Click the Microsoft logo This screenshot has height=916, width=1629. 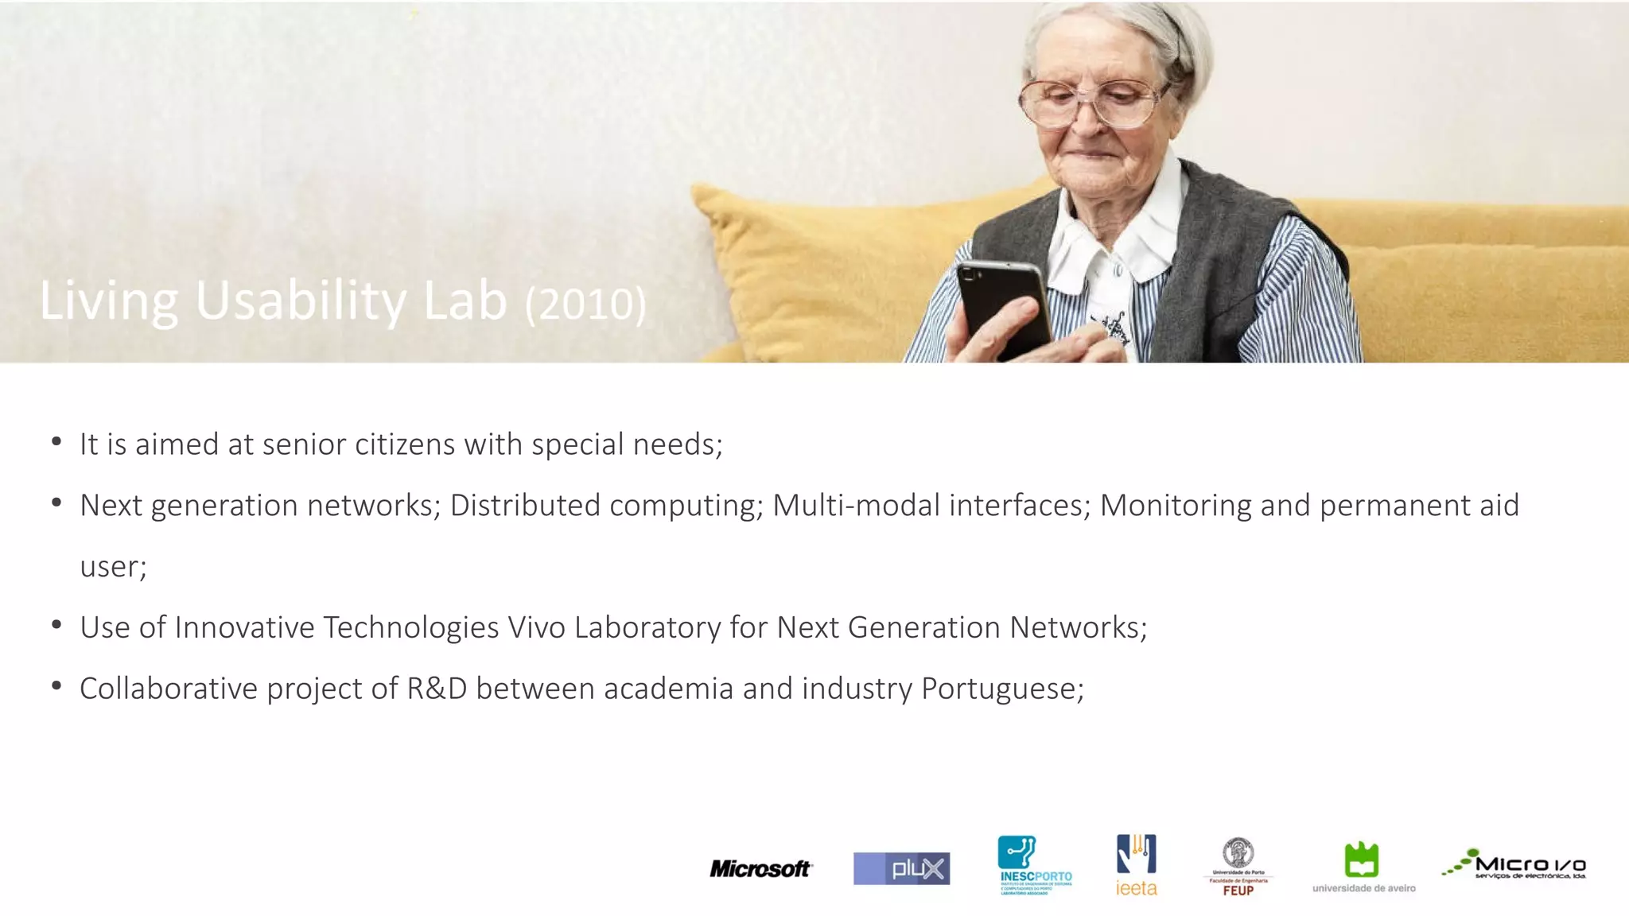pyautogui.click(x=760, y=868)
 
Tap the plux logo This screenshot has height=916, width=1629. pyautogui.click(x=901, y=868)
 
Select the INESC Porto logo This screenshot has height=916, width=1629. pyautogui.click(x=1035, y=865)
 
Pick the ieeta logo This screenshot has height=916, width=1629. pyautogui.click(x=1137, y=865)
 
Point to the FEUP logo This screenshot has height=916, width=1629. pyautogui.click(x=1238, y=867)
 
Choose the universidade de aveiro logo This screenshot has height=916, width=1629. pyautogui.click(x=1363, y=867)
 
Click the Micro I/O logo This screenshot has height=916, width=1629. pyautogui.click(x=1514, y=865)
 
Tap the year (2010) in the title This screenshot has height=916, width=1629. pyautogui.click(x=585, y=304)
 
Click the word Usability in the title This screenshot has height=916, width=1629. pyautogui.click(x=301, y=301)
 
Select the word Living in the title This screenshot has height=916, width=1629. pyautogui.click(x=109, y=301)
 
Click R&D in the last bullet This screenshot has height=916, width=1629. pyautogui.click(x=437, y=689)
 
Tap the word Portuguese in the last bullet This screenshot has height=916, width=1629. pyautogui.click(x=1002, y=689)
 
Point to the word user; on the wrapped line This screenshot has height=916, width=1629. pyautogui.click(x=113, y=567)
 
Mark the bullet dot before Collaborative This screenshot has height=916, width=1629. pyautogui.click(x=56, y=685)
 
